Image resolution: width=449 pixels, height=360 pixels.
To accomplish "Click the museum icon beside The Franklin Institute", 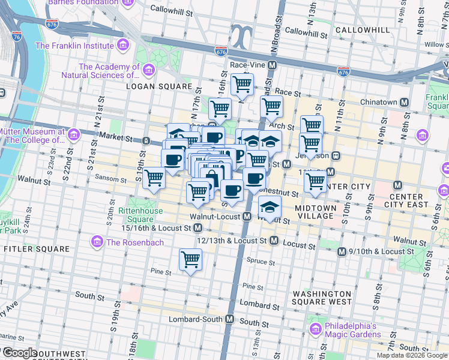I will tap(122, 45).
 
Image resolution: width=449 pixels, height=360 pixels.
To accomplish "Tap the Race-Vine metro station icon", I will tap(273, 64).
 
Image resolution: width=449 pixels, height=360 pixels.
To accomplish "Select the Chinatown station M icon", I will tap(405, 103).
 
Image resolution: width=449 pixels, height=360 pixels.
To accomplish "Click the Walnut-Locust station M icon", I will tap(247, 216).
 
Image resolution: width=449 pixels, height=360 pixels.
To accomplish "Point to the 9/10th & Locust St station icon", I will tap(342, 251).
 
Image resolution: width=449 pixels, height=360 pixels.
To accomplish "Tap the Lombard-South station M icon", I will tap(229, 320).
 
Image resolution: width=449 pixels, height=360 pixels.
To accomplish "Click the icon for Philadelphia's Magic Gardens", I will tap(316, 329).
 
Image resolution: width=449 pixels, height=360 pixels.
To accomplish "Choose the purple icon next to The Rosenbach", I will tap(95, 242).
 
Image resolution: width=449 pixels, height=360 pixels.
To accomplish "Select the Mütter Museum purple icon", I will tap(73, 134).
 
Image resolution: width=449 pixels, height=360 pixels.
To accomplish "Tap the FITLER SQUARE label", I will tap(30, 248).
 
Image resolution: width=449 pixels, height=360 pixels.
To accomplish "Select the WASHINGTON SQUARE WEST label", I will tap(322, 298).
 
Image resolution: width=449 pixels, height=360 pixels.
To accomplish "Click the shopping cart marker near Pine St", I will tap(190, 260).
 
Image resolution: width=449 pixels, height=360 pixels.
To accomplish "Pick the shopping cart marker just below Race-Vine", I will tap(242, 83).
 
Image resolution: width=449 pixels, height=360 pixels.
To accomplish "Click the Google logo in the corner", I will tap(20, 353).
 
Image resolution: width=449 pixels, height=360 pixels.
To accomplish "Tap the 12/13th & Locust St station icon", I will tap(274, 241).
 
